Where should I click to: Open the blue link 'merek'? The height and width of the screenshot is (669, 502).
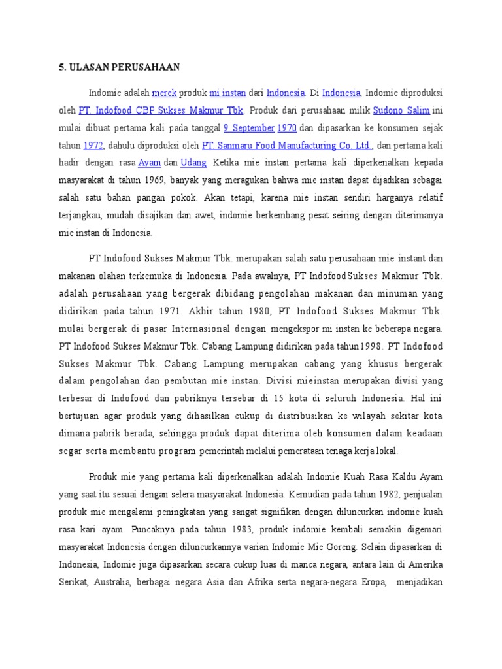[164, 93]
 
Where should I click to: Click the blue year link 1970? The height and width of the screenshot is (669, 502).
[288, 127]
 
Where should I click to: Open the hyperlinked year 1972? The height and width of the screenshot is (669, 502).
[94, 144]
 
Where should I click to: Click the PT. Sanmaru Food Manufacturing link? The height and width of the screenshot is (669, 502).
[287, 144]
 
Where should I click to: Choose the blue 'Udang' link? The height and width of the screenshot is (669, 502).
[193, 162]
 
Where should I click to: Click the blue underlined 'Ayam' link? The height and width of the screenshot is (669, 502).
[150, 162]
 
